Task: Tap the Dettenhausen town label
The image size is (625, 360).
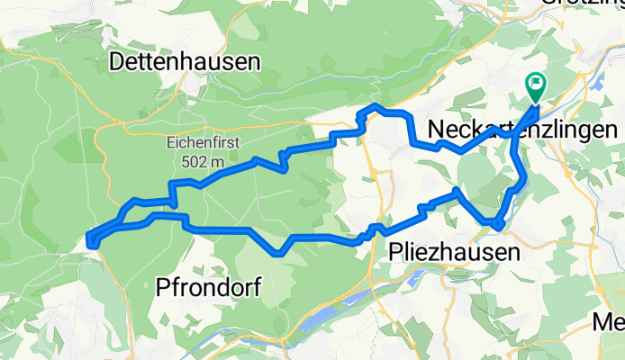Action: tap(185, 62)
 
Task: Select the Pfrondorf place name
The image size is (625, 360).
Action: tap(209, 288)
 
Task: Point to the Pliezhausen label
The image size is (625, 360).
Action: tap(456, 253)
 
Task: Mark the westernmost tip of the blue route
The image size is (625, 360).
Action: tap(89, 238)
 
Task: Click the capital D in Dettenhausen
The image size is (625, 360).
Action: tap(117, 62)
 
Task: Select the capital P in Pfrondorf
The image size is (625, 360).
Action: tap(163, 288)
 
